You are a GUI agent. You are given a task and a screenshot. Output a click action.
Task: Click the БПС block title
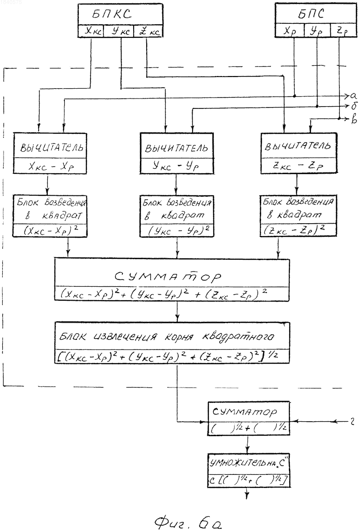pyautogui.click(x=311, y=14)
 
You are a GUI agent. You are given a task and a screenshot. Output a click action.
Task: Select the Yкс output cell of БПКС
pyautogui.click(x=119, y=31)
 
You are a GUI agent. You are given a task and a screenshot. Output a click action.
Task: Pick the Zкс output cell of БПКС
pyautogui.click(x=148, y=31)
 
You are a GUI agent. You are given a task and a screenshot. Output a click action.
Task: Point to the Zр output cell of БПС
pyautogui.click(x=342, y=31)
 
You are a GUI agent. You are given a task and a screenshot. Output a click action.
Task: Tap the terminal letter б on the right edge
pyautogui.click(x=353, y=106)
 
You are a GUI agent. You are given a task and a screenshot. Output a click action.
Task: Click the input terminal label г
pyautogui.click(x=352, y=422)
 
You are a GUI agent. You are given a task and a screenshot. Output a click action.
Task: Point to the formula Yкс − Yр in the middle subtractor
pyautogui.click(x=176, y=166)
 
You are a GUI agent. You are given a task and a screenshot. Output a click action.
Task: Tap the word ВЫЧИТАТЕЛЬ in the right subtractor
pyautogui.click(x=297, y=146)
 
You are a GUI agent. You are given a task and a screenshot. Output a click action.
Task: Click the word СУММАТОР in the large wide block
pyautogui.click(x=168, y=276)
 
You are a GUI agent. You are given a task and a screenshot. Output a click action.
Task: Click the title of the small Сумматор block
pyautogui.click(x=245, y=412)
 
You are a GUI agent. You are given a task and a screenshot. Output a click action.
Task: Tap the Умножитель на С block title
pyautogui.click(x=249, y=463)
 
